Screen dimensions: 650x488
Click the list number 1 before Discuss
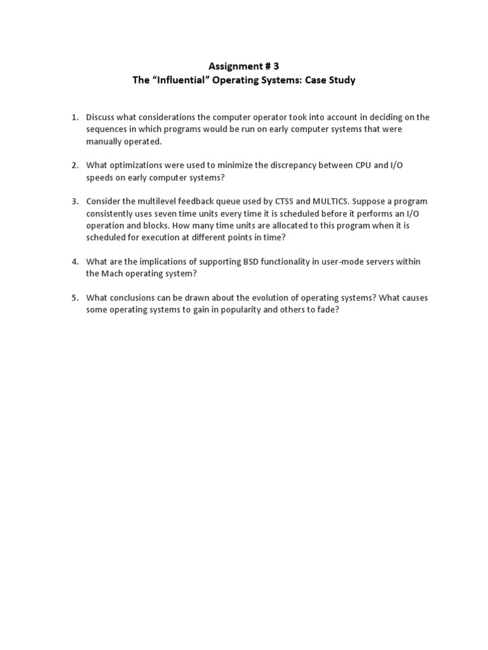(74, 117)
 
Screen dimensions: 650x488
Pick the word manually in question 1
(106, 141)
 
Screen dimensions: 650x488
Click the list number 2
(74, 165)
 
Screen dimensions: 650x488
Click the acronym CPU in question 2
(363, 165)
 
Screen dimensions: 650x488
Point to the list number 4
(74, 262)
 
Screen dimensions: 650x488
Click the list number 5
(74, 297)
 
